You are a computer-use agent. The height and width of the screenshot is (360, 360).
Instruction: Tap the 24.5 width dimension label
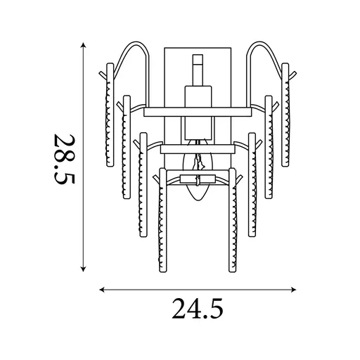(x=198, y=309)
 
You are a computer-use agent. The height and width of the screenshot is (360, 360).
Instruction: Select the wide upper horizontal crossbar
(x=198, y=112)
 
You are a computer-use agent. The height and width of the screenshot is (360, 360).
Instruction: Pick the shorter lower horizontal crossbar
(x=198, y=149)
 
